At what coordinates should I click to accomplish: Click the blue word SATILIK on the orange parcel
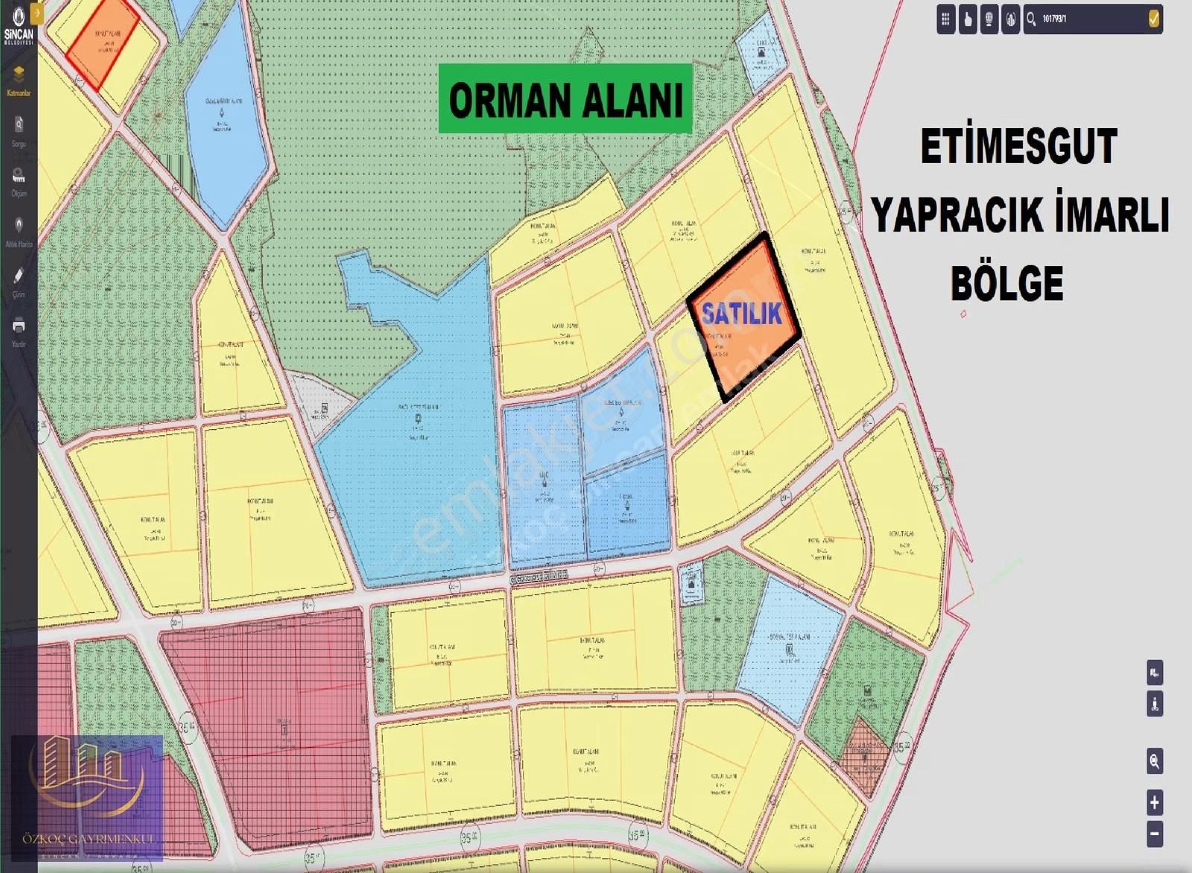tap(741, 314)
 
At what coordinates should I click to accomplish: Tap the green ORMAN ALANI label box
tap(565, 98)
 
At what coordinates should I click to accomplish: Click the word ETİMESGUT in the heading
tap(1018, 147)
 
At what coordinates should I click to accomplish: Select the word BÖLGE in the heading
tap(1006, 283)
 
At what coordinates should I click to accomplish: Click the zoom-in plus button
tap(1154, 802)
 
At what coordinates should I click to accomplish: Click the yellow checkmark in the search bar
tap(1154, 19)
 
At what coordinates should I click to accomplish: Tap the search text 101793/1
tap(1054, 19)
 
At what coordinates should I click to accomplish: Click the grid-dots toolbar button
tap(945, 19)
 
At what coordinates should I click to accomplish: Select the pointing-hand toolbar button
tap(968, 19)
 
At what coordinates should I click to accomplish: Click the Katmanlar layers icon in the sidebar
tap(19, 74)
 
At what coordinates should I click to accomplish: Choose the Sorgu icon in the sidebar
tap(19, 125)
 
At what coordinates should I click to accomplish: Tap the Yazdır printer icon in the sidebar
tap(19, 326)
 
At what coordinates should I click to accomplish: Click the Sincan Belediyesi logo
tap(19, 24)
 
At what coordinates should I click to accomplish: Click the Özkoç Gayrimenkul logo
tap(87, 798)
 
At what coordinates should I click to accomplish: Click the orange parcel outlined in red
tap(103, 43)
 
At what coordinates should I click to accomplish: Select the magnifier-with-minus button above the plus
tap(1154, 761)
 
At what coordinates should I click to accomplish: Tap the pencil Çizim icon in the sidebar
tap(19, 276)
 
